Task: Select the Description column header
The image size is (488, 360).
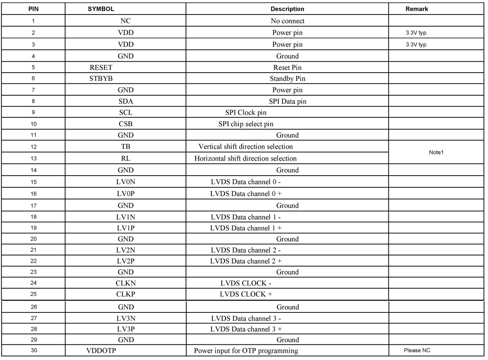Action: pos(287,9)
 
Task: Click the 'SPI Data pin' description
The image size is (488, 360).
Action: pos(287,102)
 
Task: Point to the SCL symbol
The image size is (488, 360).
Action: pos(126,113)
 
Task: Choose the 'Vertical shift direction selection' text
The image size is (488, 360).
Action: pos(246,147)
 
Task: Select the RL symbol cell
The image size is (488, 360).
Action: pos(126,159)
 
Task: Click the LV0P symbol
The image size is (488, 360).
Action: pos(126,194)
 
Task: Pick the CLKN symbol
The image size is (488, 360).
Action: pos(126,283)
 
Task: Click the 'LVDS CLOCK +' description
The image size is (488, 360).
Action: pos(246,294)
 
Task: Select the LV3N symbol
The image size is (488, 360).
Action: pos(126,318)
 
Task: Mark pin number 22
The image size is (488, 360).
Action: pos(33,261)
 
